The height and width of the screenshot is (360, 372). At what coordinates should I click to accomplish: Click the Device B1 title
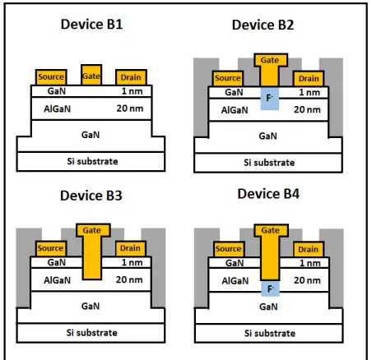click(x=91, y=24)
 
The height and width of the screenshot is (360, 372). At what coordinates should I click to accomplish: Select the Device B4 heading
click(x=268, y=194)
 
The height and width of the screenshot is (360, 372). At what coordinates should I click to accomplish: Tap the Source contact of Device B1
click(x=51, y=77)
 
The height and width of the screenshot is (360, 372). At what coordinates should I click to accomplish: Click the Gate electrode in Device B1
click(x=91, y=75)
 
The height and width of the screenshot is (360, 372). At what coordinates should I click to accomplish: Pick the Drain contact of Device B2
click(x=309, y=79)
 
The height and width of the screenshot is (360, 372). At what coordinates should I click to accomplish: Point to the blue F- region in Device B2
click(x=269, y=99)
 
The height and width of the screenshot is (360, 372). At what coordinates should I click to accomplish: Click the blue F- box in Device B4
click(x=270, y=288)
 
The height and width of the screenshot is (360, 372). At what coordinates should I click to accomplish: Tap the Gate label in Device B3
click(x=92, y=230)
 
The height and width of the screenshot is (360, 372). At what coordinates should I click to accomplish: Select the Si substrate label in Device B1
click(x=92, y=161)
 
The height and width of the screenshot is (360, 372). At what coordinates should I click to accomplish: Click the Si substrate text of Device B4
click(x=270, y=333)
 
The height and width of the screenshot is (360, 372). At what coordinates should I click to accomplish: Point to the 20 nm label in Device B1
click(x=130, y=108)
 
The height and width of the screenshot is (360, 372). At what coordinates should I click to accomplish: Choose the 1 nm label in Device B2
click(x=309, y=92)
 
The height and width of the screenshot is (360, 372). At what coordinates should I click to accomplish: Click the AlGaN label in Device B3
click(x=57, y=280)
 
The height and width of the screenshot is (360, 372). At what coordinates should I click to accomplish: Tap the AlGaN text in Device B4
click(x=235, y=281)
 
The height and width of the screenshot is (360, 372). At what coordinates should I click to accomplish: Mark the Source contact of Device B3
click(x=51, y=248)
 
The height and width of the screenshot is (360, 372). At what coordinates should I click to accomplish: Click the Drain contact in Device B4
click(x=309, y=249)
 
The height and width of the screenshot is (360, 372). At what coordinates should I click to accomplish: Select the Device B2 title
click(x=263, y=25)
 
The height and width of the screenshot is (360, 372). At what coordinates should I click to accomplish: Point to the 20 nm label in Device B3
click(x=129, y=279)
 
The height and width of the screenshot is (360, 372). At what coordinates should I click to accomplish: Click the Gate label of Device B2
click(x=270, y=60)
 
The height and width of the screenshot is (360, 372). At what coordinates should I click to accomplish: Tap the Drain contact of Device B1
click(x=131, y=77)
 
